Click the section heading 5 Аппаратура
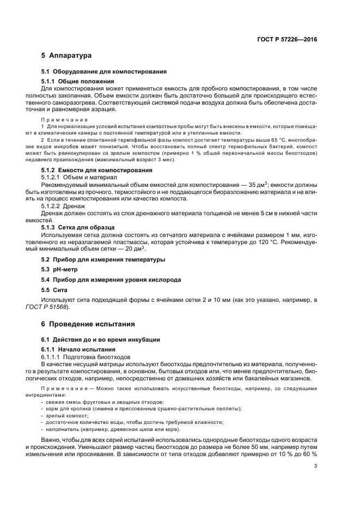(x=67, y=56)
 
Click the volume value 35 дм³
(x=249, y=184)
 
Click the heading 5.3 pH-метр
(x=59, y=269)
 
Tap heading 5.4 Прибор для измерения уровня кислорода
(x=111, y=280)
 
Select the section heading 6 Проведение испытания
(x=88, y=324)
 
